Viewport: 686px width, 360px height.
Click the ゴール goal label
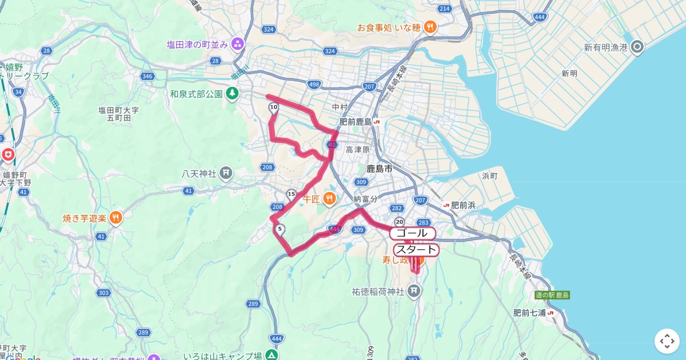tap(412, 233)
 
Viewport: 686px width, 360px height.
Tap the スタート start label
tap(416, 250)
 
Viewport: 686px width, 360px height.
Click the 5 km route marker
tap(280, 230)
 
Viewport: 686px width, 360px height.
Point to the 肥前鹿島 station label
tap(356, 122)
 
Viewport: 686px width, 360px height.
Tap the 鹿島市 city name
tap(380, 169)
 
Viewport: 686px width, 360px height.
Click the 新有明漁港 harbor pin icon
tap(637, 47)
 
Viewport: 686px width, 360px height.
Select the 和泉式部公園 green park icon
tap(232, 93)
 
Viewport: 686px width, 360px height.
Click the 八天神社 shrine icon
tap(226, 173)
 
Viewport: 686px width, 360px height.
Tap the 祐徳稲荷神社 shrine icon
tap(414, 291)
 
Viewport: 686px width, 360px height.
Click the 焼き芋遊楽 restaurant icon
tap(116, 218)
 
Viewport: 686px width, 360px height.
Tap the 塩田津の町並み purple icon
tap(238, 44)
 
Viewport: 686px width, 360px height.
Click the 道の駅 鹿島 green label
tap(552, 295)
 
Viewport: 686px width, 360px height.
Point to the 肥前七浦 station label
tap(529, 313)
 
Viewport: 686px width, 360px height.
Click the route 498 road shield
tap(314, 85)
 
